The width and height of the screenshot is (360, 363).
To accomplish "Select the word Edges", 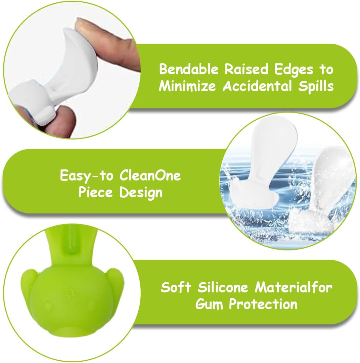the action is click(294, 70).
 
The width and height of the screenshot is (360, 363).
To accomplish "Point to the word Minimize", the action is click(187, 86).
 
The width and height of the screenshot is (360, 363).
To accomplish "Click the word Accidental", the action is click(257, 86).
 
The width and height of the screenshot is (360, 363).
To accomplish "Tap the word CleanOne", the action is click(150, 175).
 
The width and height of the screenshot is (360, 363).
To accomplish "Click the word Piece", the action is click(95, 192).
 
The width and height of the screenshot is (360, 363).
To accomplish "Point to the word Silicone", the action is click(223, 287).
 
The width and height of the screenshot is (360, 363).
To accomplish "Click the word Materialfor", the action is click(294, 287).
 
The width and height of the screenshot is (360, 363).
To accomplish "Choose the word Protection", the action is click(263, 304).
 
